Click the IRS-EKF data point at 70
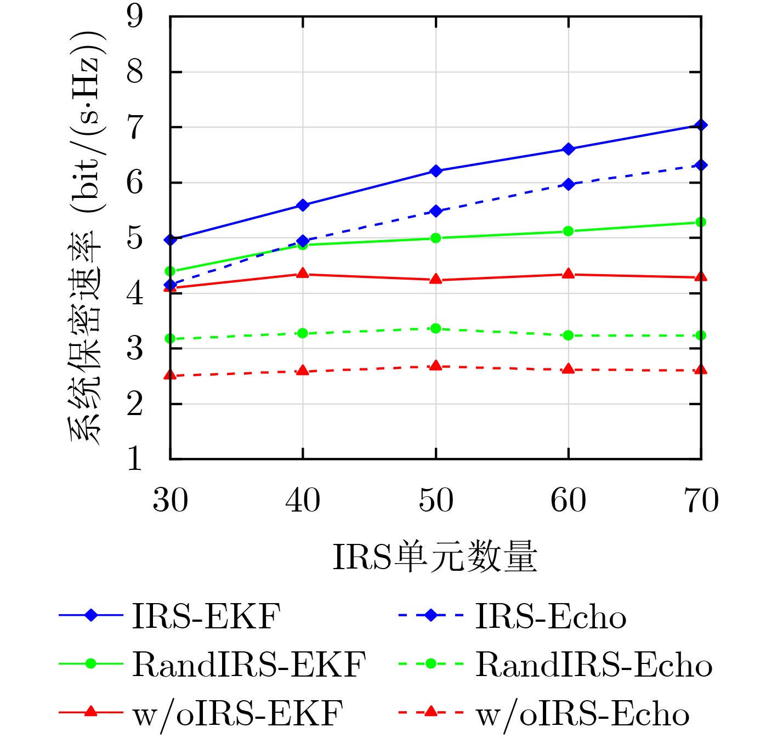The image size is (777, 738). (700, 125)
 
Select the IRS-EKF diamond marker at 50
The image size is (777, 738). (436, 171)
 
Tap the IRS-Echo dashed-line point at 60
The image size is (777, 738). (568, 184)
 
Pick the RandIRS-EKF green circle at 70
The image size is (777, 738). (700, 222)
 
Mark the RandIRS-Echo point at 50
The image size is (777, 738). (436, 328)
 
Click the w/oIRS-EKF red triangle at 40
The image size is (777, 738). (303, 274)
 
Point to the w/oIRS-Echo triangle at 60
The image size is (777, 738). (568, 369)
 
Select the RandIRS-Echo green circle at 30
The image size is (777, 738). (171, 339)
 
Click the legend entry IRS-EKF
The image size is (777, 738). (206, 616)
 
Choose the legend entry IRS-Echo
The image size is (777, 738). (550, 616)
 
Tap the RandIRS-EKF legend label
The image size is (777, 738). (248, 665)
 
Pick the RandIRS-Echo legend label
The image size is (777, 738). (593, 665)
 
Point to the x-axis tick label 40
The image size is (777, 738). (303, 500)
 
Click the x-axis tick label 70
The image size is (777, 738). (701, 500)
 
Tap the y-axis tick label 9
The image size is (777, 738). (134, 16)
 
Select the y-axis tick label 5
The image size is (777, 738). (134, 238)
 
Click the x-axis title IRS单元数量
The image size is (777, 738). (435, 557)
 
